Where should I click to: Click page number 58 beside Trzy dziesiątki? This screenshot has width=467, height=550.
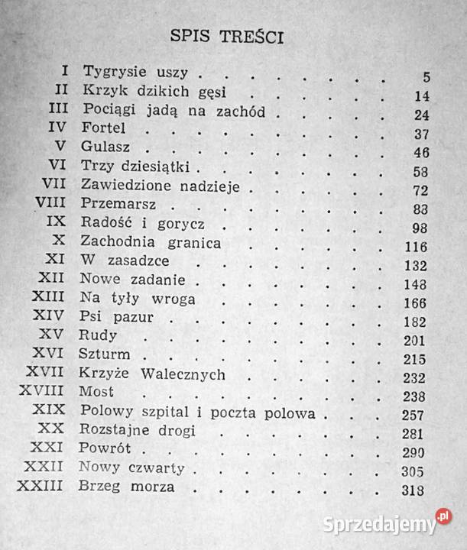tap(419, 170)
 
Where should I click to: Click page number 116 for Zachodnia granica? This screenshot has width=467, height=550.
tap(417, 245)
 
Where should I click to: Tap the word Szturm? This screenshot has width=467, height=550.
tap(105, 355)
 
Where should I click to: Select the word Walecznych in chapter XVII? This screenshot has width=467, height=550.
tap(197, 374)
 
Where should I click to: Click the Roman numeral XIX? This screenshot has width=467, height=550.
tap(50, 411)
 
